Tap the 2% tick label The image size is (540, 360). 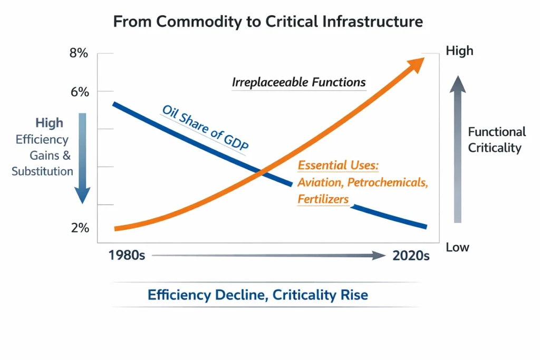81,228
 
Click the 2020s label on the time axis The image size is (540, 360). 411,256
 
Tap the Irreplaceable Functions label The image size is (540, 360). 298,83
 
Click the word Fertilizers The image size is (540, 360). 323,199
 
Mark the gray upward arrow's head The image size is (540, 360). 458,84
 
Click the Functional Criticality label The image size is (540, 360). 497,140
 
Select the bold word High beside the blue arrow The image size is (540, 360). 49,123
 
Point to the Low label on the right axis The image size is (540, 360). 457,247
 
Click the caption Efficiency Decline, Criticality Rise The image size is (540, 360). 258,295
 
